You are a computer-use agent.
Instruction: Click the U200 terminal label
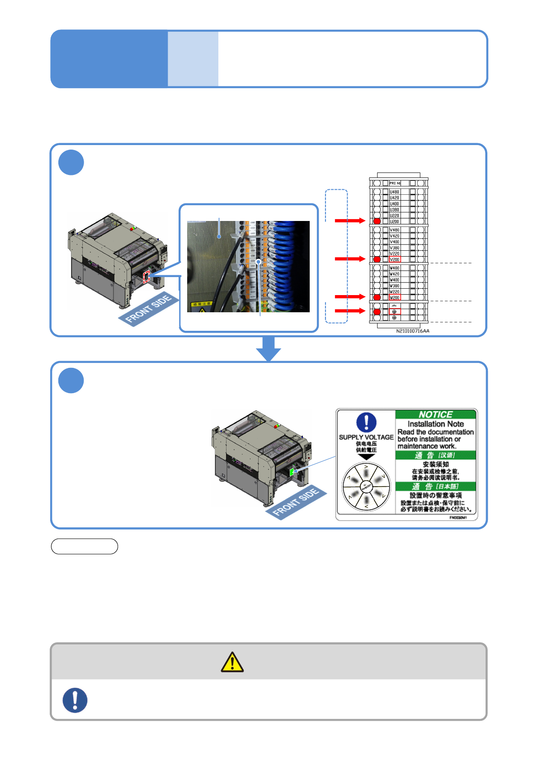[x=394, y=221]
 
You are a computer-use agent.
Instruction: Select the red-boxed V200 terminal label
[x=395, y=259]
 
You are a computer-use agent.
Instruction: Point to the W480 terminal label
[x=395, y=268]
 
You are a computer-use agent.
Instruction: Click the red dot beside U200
[x=377, y=221]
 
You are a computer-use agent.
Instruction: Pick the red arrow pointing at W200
[x=349, y=296]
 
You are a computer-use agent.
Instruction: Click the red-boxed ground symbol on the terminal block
[x=394, y=311]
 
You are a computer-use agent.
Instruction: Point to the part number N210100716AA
[x=413, y=331]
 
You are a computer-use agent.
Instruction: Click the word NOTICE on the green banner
[x=435, y=414]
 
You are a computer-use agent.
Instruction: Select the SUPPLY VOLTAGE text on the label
[x=366, y=437]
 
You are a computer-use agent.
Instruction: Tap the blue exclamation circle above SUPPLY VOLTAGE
[x=366, y=422]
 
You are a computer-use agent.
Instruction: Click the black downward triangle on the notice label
[x=366, y=456]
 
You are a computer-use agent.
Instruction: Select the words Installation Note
[x=435, y=424]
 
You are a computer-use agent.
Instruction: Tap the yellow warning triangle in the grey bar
[x=232, y=662]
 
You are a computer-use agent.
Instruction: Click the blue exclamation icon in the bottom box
[x=75, y=700]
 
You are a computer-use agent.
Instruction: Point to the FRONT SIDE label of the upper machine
[x=148, y=309]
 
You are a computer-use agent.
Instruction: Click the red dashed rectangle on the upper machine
[x=146, y=277]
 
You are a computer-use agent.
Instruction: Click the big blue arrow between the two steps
[x=269, y=348]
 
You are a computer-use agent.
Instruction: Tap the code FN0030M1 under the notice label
[x=458, y=517]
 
